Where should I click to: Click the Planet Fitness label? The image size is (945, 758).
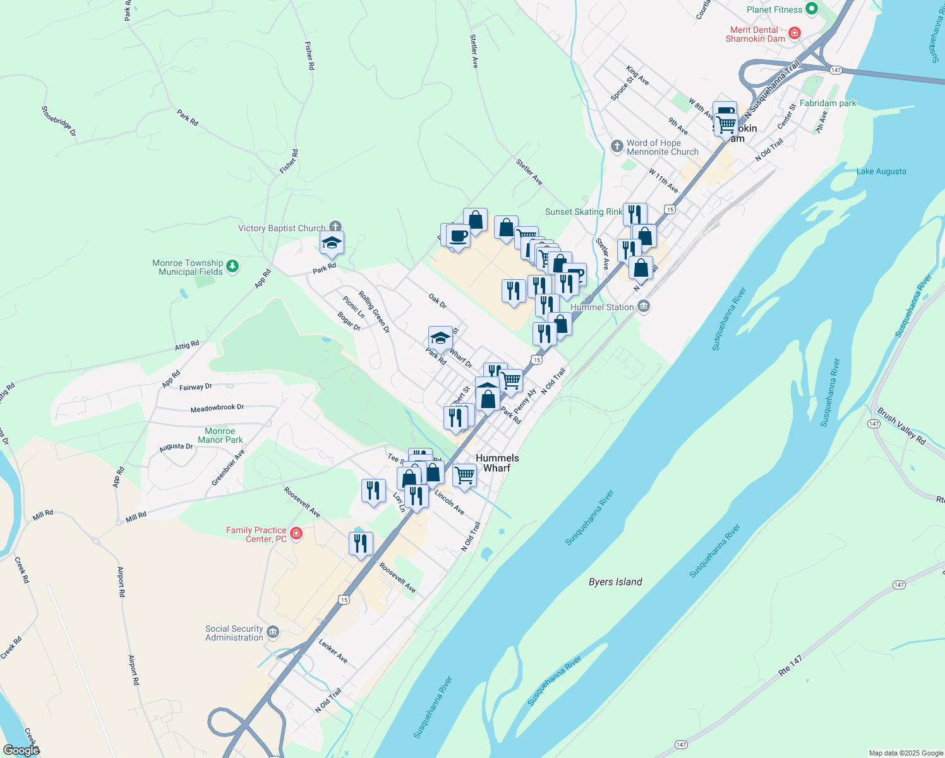pos(774,9)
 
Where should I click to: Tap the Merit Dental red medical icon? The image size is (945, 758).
pos(795,33)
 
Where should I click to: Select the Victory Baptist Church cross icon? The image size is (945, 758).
pos(335,227)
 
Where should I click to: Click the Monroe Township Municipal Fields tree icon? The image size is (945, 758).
pos(232,266)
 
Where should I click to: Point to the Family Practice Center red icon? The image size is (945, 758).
pos(296,534)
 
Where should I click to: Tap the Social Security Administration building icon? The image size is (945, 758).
pos(273,632)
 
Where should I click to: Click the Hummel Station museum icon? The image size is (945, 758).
pos(643,307)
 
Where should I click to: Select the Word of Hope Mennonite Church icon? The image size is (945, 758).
pos(617,147)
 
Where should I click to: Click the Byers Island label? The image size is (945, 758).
pos(615,582)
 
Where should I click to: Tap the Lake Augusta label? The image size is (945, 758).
pos(881,171)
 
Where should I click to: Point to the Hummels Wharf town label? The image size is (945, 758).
pos(497,463)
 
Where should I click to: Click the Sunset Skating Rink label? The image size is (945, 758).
pos(583,212)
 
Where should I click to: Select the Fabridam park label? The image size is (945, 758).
pos(828,103)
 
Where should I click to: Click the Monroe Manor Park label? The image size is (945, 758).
pos(220,435)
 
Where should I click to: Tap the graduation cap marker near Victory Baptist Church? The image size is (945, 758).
pos(332,243)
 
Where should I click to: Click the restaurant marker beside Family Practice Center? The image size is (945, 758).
pos(361,543)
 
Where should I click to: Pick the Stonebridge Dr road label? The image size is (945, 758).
pos(59,121)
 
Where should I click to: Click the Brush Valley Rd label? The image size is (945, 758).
pos(901,426)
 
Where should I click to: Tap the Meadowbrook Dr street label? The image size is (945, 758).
pos(217,408)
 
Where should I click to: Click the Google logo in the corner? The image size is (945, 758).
pos(21,750)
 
